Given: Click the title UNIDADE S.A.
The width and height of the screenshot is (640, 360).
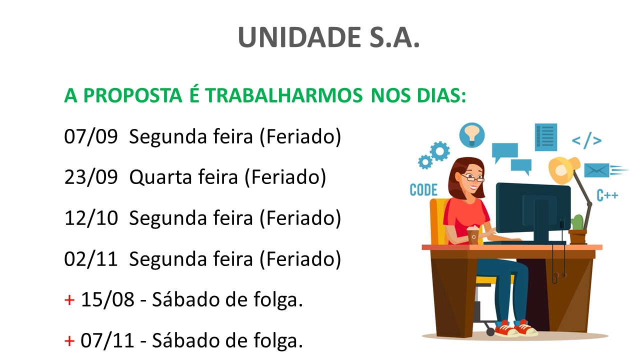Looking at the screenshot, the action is pos(328,37).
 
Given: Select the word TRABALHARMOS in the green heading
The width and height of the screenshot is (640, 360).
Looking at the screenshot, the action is pos(283,95).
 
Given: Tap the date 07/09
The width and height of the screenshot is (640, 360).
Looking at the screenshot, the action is pos(91,136).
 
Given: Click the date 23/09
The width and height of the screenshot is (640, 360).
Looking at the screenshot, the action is pos(91,177).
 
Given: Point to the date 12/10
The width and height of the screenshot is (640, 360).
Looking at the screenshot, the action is pos(91,218).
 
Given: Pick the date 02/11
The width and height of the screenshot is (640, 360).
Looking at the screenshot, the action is pos(91,259).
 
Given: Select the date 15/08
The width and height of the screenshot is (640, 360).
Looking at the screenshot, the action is pos(107,299).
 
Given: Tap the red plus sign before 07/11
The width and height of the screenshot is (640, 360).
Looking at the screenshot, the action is pos(69,341).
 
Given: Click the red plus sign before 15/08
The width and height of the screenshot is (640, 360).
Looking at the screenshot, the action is pos(69,300).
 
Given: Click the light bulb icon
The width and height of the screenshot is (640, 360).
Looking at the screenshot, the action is pos(471,135).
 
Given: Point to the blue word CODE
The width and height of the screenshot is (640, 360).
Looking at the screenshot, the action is pos(423,190).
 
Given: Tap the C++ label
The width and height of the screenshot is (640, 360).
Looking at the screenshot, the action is pos(607,195).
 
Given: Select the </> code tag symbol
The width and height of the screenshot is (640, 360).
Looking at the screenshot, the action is pos(586,140).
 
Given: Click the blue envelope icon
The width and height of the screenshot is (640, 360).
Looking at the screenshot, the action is pos(597,170).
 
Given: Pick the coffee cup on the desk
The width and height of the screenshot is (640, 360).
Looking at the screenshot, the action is pos(473,235).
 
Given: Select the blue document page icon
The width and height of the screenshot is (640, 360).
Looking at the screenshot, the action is pos(546,137).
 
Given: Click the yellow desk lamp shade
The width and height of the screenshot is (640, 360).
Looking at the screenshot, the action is pos(563,170).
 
